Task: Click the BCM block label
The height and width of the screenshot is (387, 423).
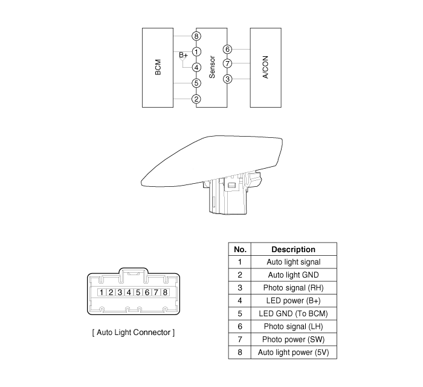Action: [x=158, y=67]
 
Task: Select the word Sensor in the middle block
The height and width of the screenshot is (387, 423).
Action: [x=212, y=67]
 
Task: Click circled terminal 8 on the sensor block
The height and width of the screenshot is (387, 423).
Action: [x=196, y=36]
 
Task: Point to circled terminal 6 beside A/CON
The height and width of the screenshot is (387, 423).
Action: [x=227, y=50]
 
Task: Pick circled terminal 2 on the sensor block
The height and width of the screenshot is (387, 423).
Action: [x=196, y=99]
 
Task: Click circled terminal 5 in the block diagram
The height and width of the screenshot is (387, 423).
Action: [x=196, y=83]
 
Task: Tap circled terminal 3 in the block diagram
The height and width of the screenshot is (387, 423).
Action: [x=227, y=79]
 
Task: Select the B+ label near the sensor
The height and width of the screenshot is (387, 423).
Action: [x=184, y=55]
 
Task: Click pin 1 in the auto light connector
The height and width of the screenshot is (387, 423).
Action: [x=103, y=293]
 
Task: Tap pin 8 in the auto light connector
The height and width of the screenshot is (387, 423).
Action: [x=165, y=293]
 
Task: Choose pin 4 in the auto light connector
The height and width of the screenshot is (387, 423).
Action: [x=129, y=293]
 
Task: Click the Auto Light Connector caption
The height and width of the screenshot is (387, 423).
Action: [x=133, y=332]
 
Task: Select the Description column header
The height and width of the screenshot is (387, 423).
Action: [x=293, y=249]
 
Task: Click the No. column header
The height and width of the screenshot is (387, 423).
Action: [x=240, y=249]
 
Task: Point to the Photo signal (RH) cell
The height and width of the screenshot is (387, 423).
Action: [x=293, y=288]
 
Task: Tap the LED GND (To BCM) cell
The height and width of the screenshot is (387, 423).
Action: [x=293, y=314]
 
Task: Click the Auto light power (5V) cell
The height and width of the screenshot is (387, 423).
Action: [x=293, y=352]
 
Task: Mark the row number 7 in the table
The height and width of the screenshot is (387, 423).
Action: [x=240, y=339]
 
